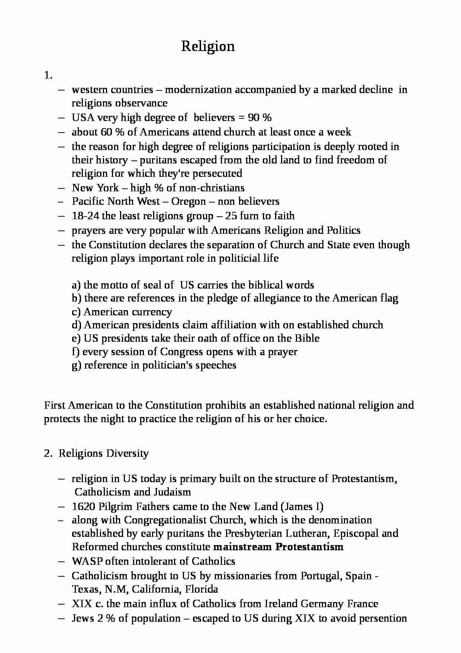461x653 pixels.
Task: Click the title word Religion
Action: coord(208,47)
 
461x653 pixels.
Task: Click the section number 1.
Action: coord(48,76)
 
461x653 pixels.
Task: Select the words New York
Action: coord(95,188)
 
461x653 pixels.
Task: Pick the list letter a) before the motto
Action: coord(76,285)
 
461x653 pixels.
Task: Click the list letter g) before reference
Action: coord(76,365)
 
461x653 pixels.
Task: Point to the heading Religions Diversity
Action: coord(103,453)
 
